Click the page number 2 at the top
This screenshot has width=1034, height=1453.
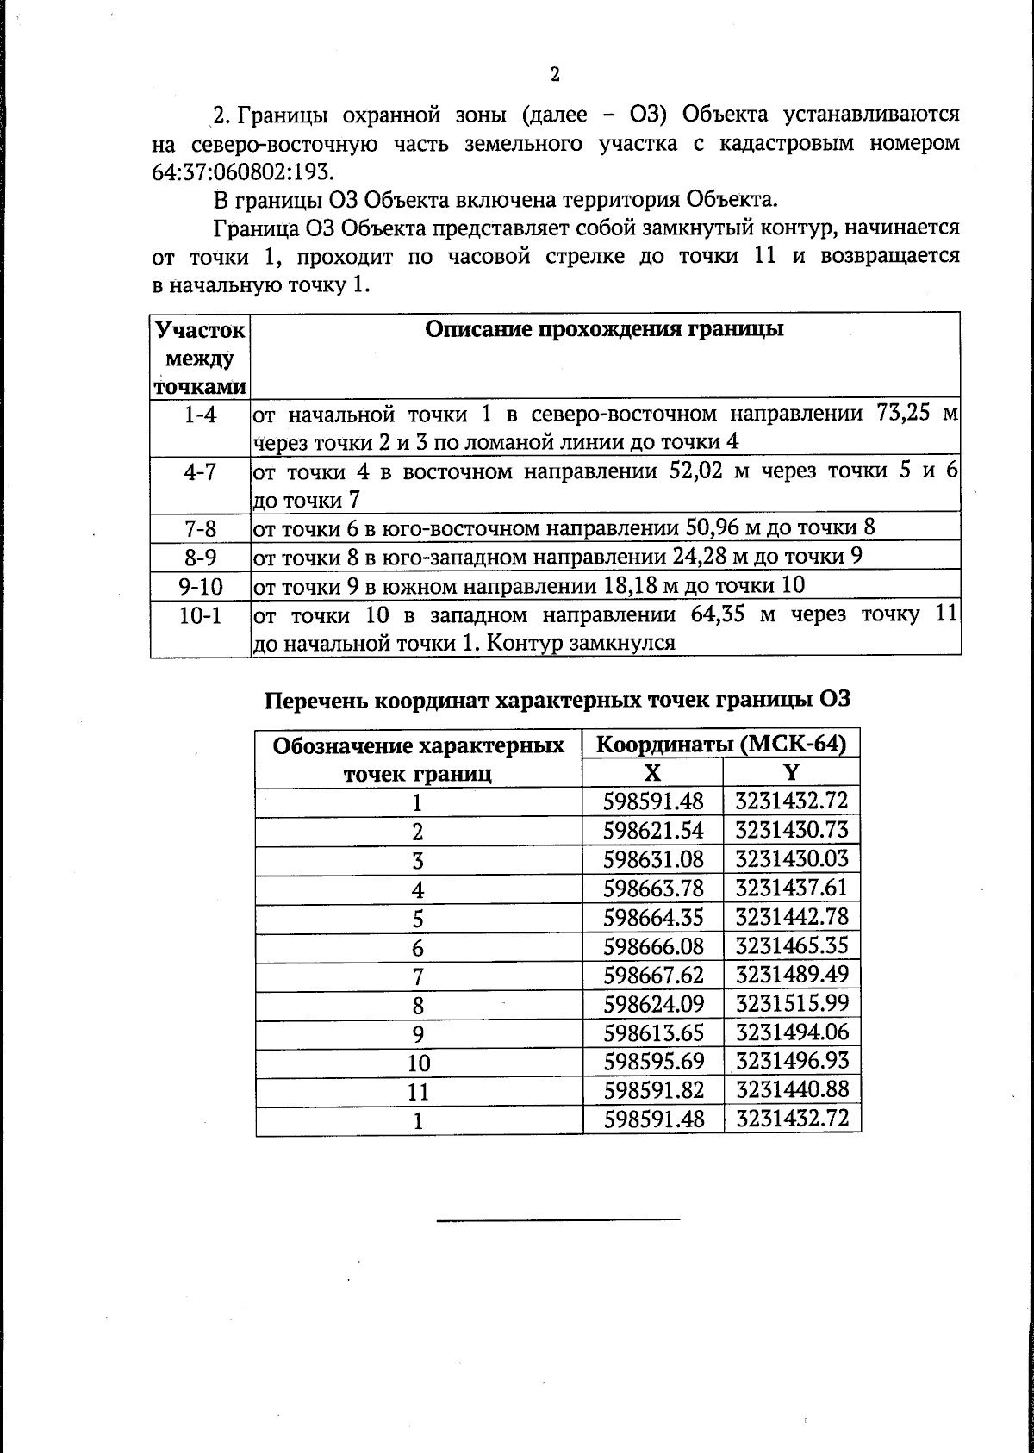pyautogui.click(x=555, y=74)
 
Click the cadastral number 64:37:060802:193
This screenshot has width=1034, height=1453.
pyautogui.click(x=241, y=171)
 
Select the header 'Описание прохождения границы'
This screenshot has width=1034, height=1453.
pyautogui.click(x=605, y=329)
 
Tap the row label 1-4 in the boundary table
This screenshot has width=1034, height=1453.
pyautogui.click(x=200, y=415)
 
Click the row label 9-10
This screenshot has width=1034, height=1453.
pyautogui.click(x=200, y=587)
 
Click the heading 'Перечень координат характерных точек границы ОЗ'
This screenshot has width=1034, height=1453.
pyautogui.click(x=557, y=699)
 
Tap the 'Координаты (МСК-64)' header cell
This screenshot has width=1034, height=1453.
pyautogui.click(x=721, y=745)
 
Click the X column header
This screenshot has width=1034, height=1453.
pyautogui.click(x=653, y=772)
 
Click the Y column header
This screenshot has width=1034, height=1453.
pyautogui.click(x=792, y=772)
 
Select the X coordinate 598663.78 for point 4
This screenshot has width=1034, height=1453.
pyautogui.click(x=653, y=888)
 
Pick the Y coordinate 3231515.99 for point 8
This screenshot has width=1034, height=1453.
pyautogui.click(x=792, y=1003)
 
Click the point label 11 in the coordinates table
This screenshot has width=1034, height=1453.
pyautogui.click(x=418, y=1092)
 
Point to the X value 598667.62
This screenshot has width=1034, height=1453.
pyautogui.click(x=653, y=975)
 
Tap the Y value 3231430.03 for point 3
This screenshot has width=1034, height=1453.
pyautogui.click(x=792, y=859)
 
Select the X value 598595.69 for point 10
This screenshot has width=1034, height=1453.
pyautogui.click(x=653, y=1061)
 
